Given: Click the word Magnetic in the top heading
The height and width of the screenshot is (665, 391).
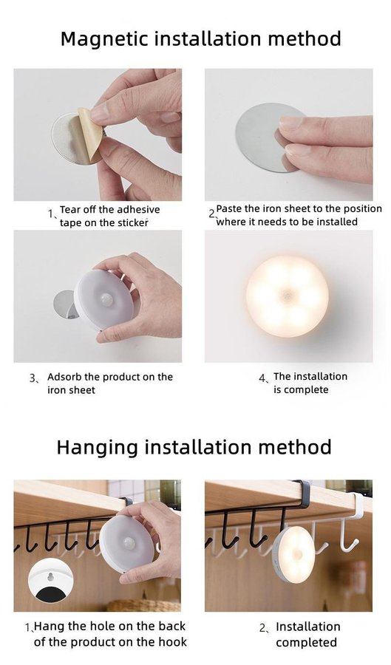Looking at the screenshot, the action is (104, 39).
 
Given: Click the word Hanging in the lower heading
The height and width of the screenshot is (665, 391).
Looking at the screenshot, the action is (98, 448).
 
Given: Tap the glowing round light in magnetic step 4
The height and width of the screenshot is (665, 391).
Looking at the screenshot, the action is (288, 296).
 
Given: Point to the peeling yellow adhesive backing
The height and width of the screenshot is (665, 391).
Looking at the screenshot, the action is (90, 135).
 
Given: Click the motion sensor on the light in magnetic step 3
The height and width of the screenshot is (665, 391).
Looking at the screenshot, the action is (106, 299).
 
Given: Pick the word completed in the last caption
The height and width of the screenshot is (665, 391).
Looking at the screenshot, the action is (306, 643).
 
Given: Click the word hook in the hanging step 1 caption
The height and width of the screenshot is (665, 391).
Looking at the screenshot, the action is (173, 641).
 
